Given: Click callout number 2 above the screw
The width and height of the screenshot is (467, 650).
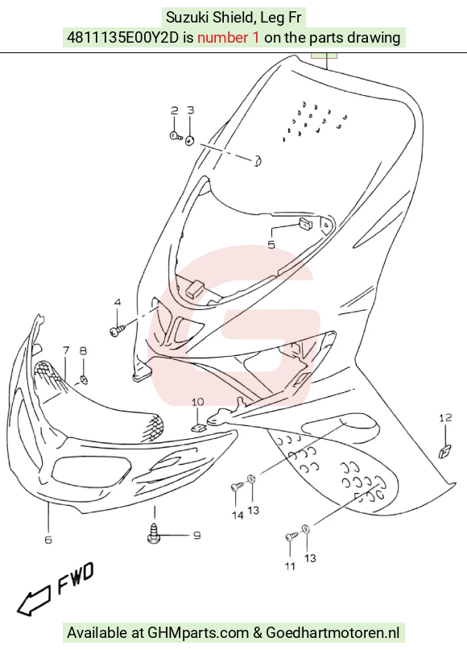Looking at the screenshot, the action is click(175, 110).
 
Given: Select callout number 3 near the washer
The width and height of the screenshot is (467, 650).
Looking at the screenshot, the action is click(190, 110).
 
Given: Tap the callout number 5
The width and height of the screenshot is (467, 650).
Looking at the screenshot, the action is click(271, 245).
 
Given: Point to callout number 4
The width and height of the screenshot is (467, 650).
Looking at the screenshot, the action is click(118, 302).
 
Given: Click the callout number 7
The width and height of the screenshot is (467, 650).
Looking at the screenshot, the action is click(66, 350).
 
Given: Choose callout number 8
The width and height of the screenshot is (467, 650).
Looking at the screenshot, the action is click(83, 350).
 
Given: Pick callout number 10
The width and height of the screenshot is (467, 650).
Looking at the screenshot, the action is click(197, 402).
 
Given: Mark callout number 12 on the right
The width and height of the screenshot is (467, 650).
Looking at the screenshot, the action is click(445, 418).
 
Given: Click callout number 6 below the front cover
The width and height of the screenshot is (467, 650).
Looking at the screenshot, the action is click(48, 540).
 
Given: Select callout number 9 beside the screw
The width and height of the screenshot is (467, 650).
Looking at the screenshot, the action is click(196, 535).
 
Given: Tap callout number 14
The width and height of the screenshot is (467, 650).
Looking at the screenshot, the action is click(238, 515).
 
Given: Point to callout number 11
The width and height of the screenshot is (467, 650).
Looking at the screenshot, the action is click(290, 566).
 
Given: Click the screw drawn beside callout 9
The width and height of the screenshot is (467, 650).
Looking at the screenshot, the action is click(154, 533).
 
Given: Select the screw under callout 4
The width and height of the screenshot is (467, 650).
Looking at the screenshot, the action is click(118, 330).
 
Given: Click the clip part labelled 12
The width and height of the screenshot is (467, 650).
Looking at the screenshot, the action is click(445, 451).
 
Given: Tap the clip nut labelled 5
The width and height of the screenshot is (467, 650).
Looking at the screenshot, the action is click(305, 224).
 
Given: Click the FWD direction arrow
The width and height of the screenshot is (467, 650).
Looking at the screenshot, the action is click(34, 600).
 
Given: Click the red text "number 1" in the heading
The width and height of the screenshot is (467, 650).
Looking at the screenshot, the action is click(229, 38).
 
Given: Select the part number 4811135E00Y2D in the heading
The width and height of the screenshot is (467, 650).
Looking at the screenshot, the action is click(122, 38).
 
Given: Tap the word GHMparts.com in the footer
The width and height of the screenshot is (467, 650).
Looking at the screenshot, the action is click(199, 633).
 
